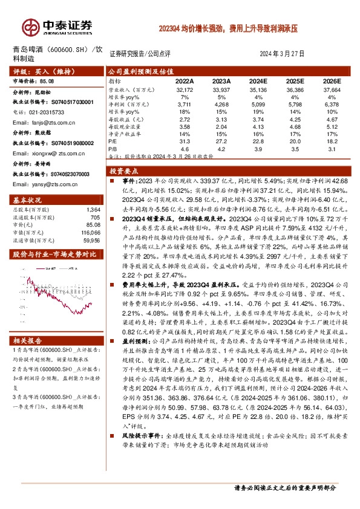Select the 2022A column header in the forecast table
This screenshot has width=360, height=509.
pos(185,80)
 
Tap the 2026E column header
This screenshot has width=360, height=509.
pos(332,80)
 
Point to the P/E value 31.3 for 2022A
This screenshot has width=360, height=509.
pos(185,141)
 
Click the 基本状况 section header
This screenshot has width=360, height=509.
pos(28,199)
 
